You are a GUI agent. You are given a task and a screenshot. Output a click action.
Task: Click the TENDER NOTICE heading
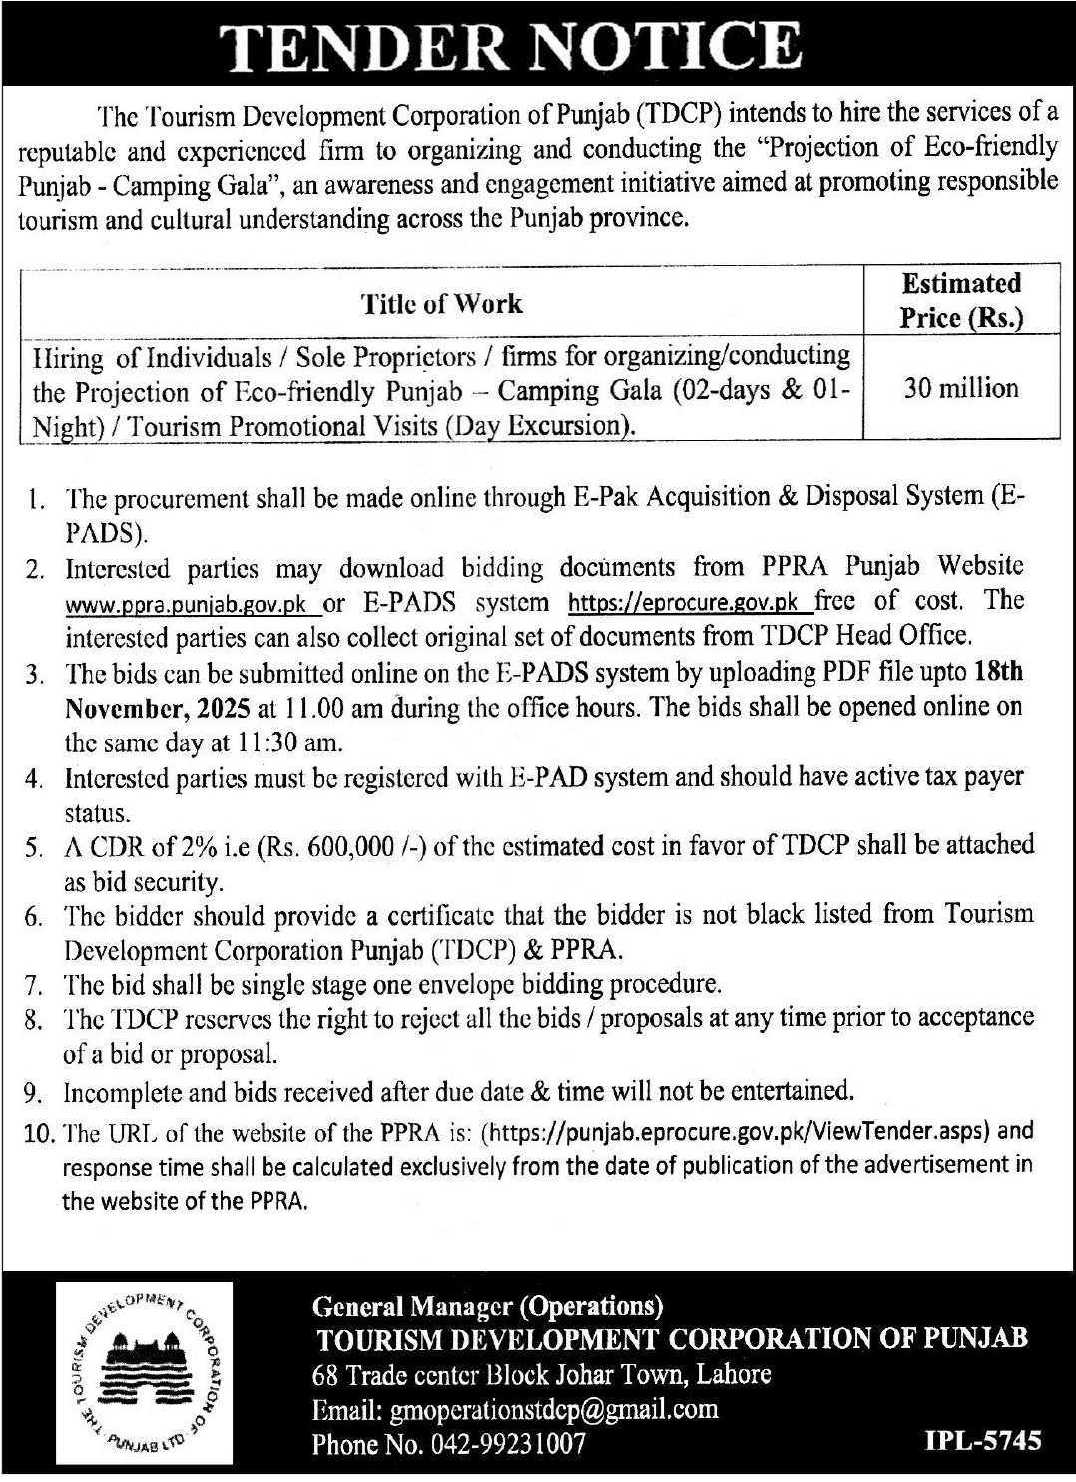[x=538, y=45]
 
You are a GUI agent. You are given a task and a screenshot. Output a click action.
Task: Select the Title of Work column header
[x=442, y=303]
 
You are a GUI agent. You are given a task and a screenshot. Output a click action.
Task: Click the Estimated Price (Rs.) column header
[x=961, y=300]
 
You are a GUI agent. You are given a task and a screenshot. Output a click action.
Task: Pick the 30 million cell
[x=961, y=387]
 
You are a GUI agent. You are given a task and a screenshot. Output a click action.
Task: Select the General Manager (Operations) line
[x=488, y=1305]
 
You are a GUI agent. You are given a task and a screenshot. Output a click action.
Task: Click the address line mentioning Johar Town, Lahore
[x=541, y=1374]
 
